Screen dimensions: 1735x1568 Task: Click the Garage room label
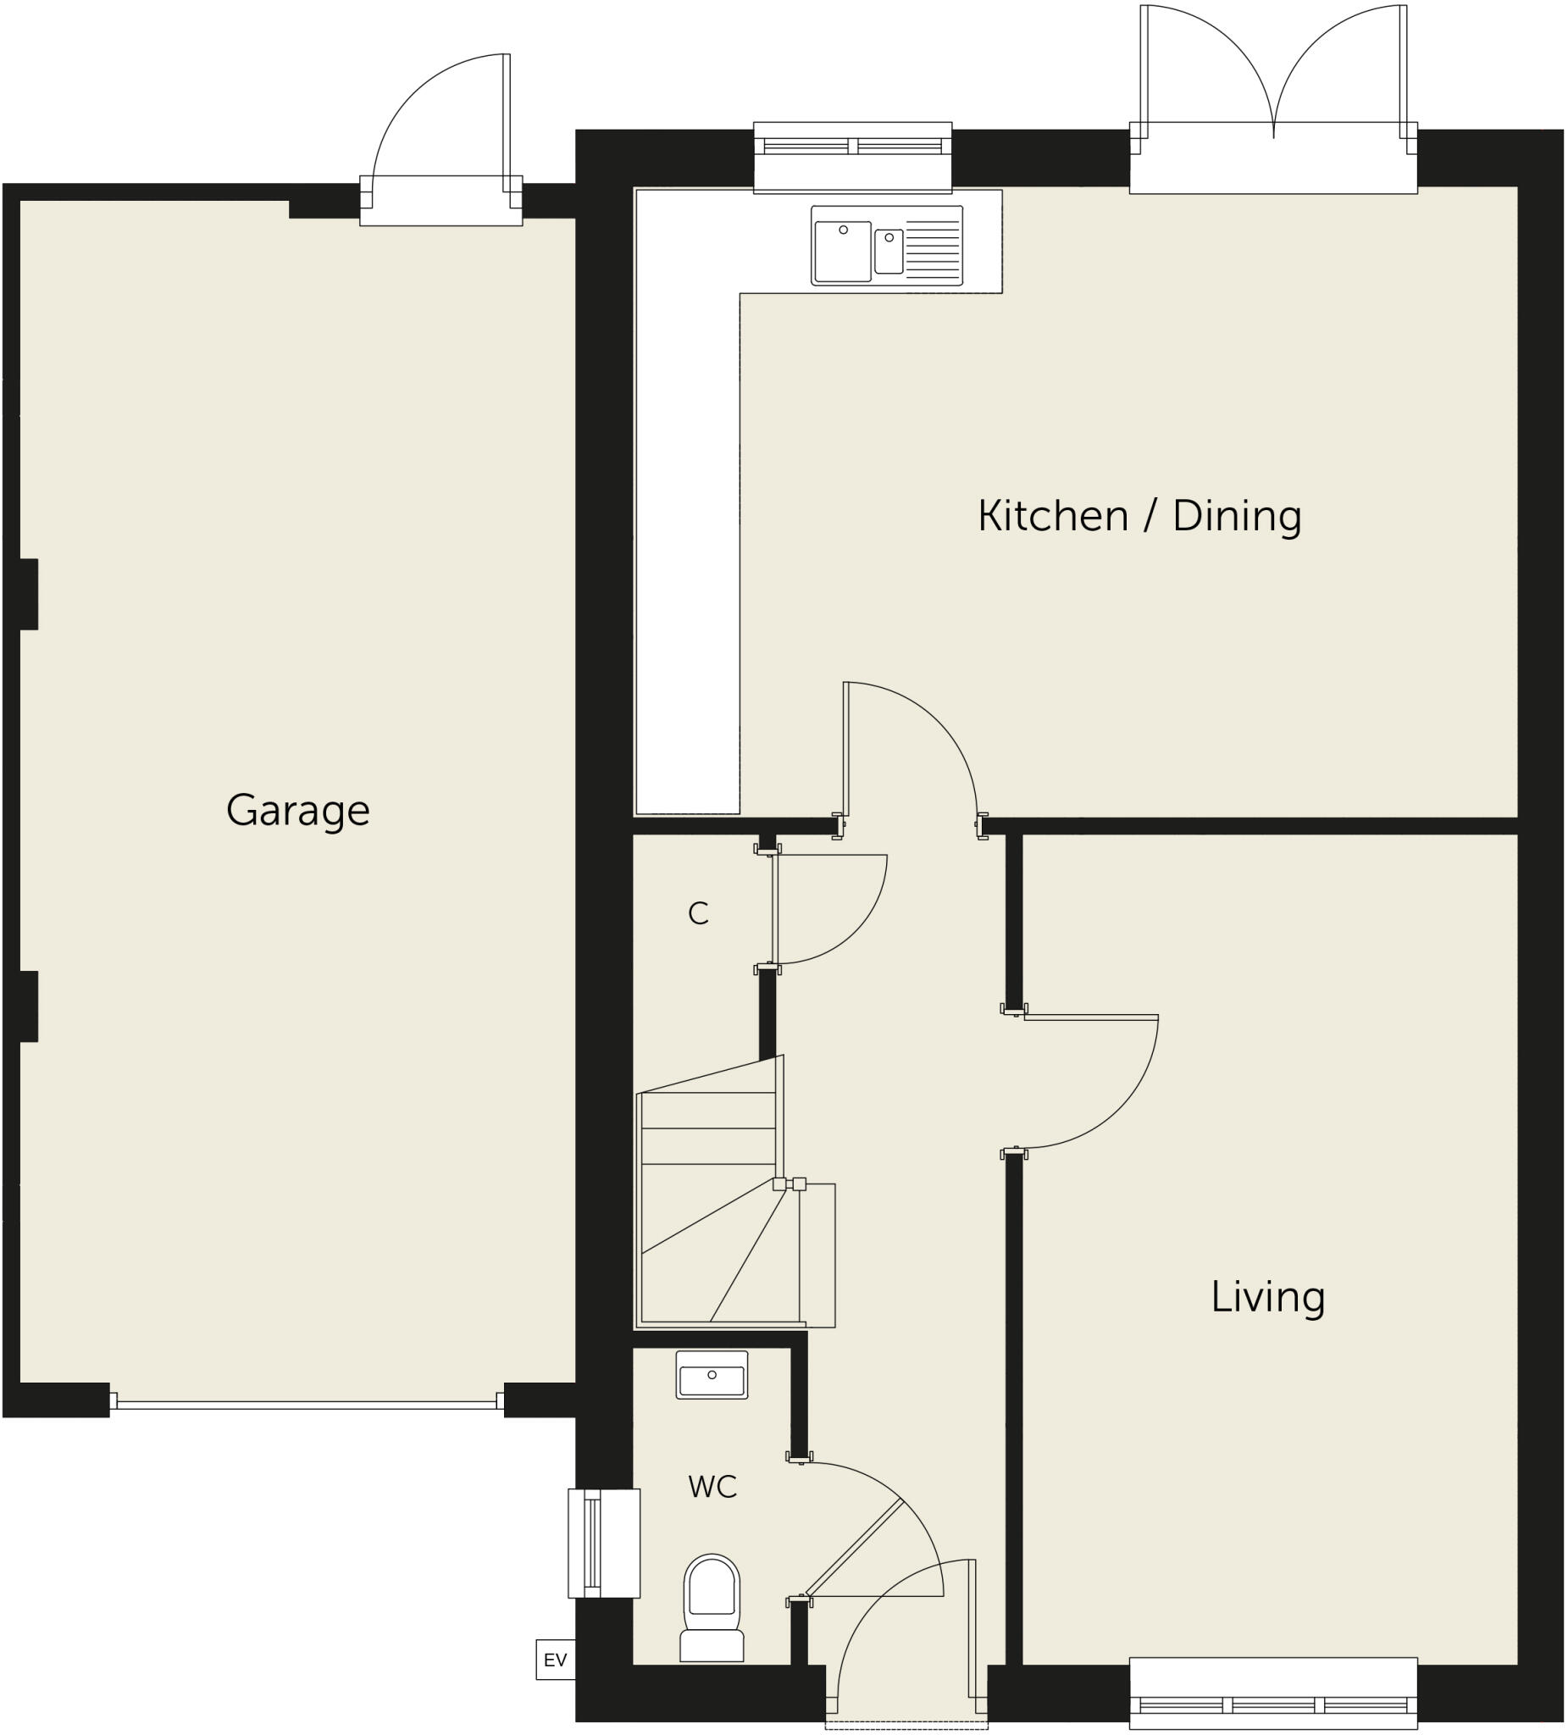click(298, 811)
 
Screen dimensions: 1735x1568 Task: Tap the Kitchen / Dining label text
click(1139, 517)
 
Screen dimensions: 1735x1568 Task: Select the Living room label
click(1266, 1297)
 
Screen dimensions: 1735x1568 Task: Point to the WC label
click(712, 1487)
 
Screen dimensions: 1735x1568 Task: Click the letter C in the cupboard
click(698, 914)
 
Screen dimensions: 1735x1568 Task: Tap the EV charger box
click(555, 1660)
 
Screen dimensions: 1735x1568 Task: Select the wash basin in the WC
click(712, 1374)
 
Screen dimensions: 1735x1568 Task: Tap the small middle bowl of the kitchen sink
click(889, 252)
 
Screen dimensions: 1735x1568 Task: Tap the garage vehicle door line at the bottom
click(307, 1405)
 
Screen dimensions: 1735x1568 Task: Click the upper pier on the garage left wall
click(29, 594)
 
